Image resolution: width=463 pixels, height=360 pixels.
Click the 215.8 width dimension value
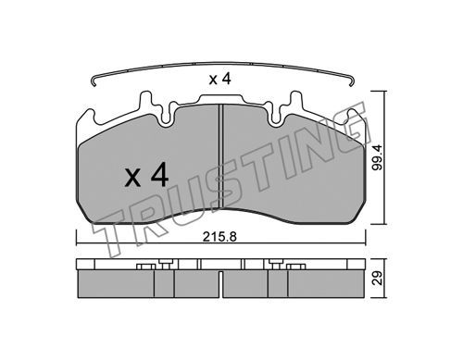click(219, 237)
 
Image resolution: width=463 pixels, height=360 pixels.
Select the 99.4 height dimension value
click(377, 157)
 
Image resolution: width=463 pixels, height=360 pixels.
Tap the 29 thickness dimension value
click(377, 279)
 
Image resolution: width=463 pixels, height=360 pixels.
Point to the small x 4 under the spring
click(219, 80)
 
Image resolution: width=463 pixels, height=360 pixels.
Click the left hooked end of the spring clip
click(94, 81)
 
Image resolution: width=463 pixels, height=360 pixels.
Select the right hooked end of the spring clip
click(352, 81)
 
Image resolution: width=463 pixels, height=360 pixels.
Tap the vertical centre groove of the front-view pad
click(220, 156)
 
